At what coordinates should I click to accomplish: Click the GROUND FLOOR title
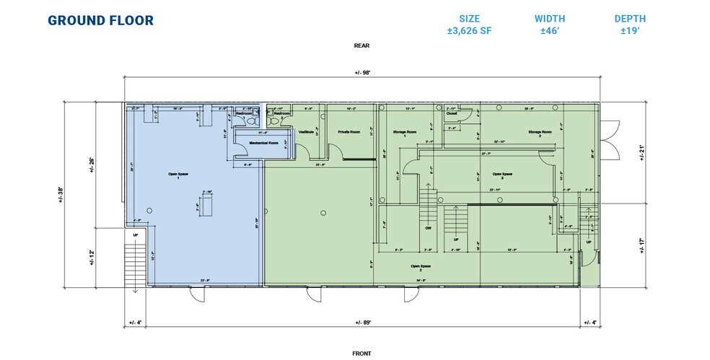point(100,20)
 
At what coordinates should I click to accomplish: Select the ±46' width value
point(549,31)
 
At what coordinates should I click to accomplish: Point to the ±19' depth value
point(630,31)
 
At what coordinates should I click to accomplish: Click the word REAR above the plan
point(361,45)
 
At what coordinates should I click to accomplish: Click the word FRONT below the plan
point(361,353)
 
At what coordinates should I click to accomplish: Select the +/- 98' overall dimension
point(362,72)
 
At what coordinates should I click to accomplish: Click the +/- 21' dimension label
point(641,153)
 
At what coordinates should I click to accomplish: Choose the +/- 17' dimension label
point(641,245)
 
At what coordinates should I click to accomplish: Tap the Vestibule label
point(306,132)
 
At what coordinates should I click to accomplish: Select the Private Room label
point(349,132)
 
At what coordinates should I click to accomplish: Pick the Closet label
point(452,113)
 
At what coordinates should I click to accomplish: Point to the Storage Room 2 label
point(540,132)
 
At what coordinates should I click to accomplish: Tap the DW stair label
point(427,227)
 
